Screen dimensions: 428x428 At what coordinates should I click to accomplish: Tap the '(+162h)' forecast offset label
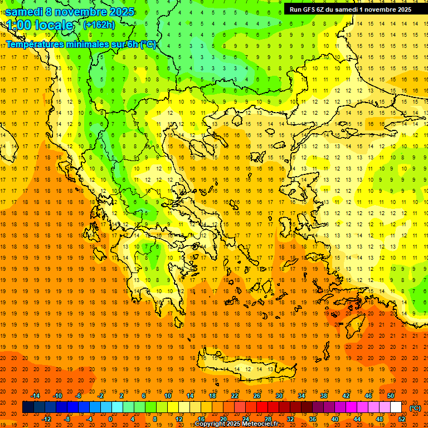[x=99, y=25]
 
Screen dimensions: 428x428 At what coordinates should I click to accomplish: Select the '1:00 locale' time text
[x=40, y=25]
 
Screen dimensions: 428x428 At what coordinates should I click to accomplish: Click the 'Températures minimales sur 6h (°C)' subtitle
[x=81, y=44]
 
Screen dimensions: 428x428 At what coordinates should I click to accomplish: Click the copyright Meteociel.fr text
[x=236, y=424]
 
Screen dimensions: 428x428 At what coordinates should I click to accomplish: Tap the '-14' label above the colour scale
[x=35, y=395]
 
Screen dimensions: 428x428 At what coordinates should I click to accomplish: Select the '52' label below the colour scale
[x=402, y=419]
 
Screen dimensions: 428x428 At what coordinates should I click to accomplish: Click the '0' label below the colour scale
[x=110, y=419]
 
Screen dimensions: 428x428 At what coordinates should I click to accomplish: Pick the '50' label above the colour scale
[x=390, y=395]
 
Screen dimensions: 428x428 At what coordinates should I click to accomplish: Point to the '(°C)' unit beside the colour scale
[x=415, y=408]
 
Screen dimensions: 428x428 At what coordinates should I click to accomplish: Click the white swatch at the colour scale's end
[x=396, y=407]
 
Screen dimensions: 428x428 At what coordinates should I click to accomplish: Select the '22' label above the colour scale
[x=235, y=395]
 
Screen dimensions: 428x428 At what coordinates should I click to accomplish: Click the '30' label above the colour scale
[x=279, y=395]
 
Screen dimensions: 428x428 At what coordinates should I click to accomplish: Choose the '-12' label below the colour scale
[x=47, y=419]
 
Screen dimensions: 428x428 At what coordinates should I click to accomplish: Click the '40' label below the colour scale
[x=335, y=419]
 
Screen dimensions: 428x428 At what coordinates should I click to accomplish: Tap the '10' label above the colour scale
[x=168, y=395]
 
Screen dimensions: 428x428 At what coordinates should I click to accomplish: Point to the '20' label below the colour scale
[x=223, y=419]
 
